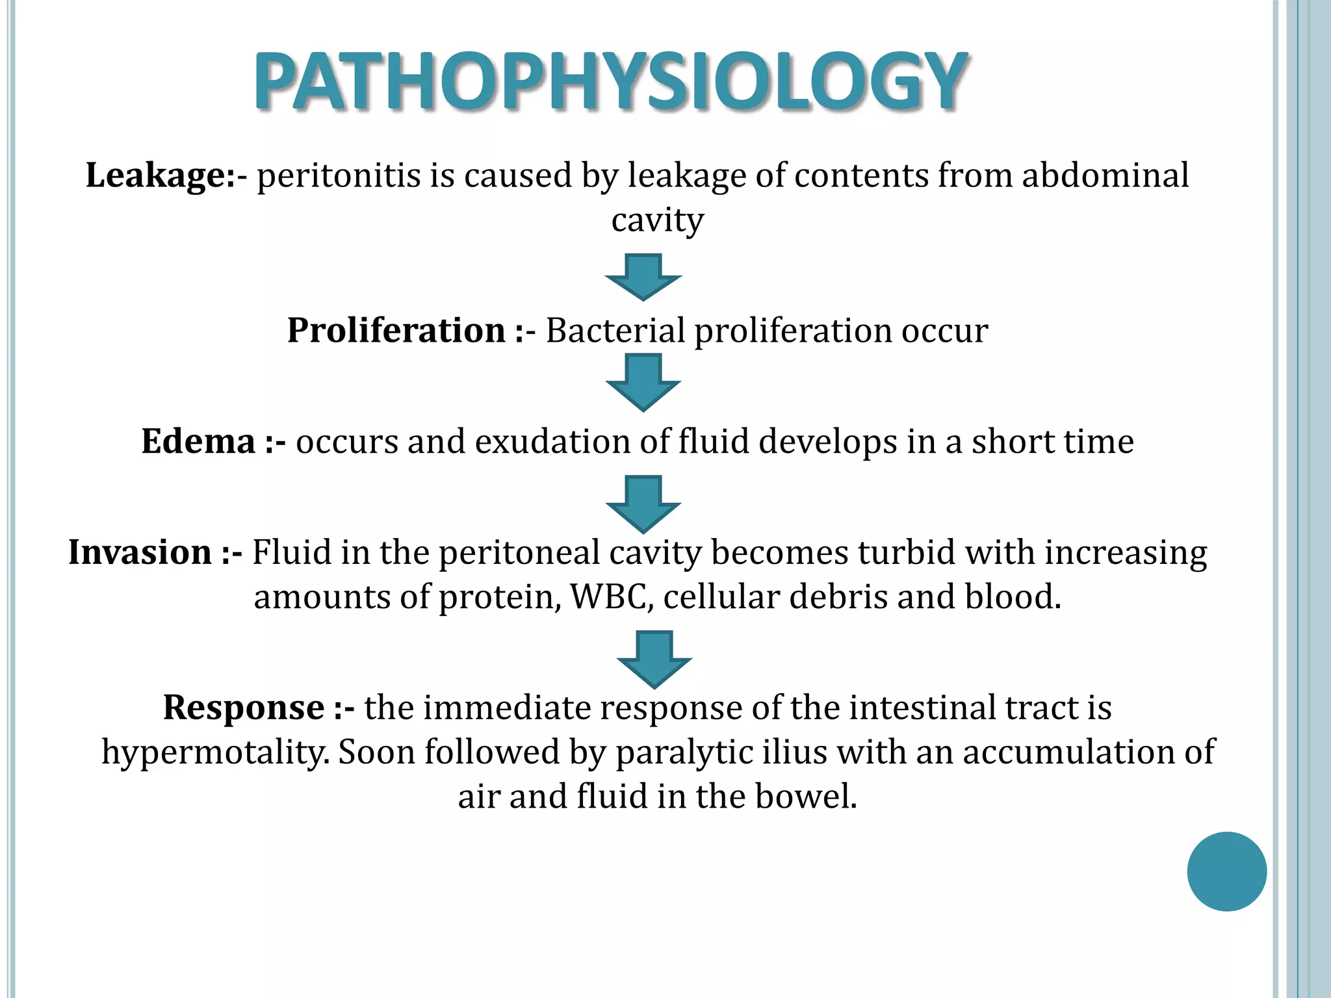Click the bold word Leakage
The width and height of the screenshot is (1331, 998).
(156, 176)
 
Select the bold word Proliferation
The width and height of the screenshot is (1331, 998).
(396, 330)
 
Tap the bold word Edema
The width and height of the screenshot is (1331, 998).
(198, 441)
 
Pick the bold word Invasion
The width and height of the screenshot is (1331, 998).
(140, 552)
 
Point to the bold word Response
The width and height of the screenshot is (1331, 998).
(244, 707)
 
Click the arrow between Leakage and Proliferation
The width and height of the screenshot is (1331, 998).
(643, 277)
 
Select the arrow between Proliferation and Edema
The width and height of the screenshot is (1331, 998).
(643, 382)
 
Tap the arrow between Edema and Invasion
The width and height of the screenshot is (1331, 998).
(643, 504)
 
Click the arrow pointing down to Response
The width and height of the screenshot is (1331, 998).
(654, 659)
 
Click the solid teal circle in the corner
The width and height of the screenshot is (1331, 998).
(1226, 871)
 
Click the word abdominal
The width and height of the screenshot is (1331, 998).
(1105, 176)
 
